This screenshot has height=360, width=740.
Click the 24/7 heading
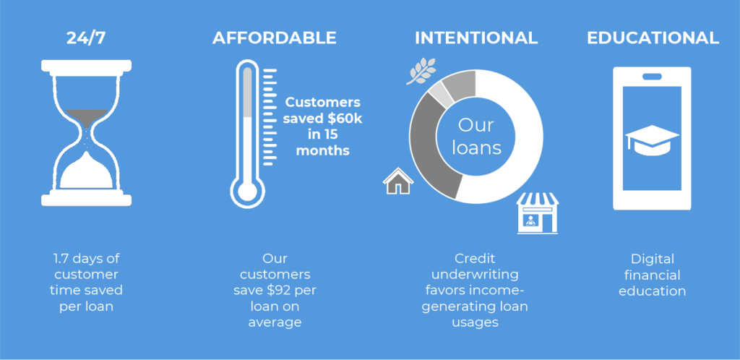(x=86, y=38)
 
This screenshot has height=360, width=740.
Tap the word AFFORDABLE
(x=274, y=38)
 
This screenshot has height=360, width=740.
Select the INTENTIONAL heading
(x=476, y=38)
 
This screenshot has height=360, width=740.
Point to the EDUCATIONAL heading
(x=653, y=38)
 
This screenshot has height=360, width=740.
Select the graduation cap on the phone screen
(x=652, y=140)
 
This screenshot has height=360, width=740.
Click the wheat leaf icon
(x=421, y=72)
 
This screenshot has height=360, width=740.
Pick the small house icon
(x=398, y=181)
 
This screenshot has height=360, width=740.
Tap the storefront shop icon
(x=537, y=213)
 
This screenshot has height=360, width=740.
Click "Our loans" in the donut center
(x=476, y=137)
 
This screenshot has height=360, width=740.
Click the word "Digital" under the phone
(x=653, y=259)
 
